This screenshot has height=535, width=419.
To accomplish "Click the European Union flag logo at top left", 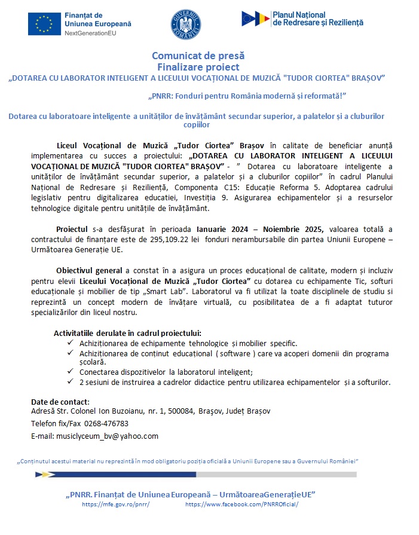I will pyautogui.click(x=44, y=24).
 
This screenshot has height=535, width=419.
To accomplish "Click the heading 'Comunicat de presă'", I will pyautogui.click(x=197, y=56).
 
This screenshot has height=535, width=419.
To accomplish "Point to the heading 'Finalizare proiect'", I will pyautogui.click(x=197, y=67).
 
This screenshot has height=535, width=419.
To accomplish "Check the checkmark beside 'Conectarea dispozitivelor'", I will pyautogui.click(x=71, y=372).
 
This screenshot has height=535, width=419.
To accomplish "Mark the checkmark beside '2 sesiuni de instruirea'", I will pyautogui.click(x=71, y=382).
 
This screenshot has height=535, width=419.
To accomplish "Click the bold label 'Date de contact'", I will pyautogui.click(x=60, y=401).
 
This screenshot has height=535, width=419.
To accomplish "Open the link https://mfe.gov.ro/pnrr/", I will pyautogui.click(x=115, y=505).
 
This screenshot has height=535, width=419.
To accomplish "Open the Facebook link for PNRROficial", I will pyautogui.click(x=241, y=505).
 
